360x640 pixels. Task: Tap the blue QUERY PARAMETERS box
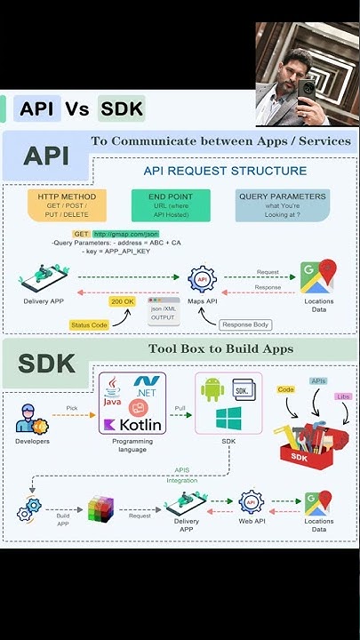[x=283, y=204]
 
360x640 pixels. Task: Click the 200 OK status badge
[x=123, y=302]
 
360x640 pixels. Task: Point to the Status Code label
[x=88, y=324]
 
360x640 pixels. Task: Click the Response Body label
[x=245, y=324]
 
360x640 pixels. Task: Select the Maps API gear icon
[x=202, y=279]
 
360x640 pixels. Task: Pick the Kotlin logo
[x=132, y=425]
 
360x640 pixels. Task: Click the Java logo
[x=114, y=392]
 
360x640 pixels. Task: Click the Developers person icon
[x=32, y=418]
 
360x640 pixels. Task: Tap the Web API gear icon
[x=252, y=503]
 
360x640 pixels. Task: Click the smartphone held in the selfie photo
[x=308, y=88]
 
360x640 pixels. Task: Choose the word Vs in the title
[x=77, y=109]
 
